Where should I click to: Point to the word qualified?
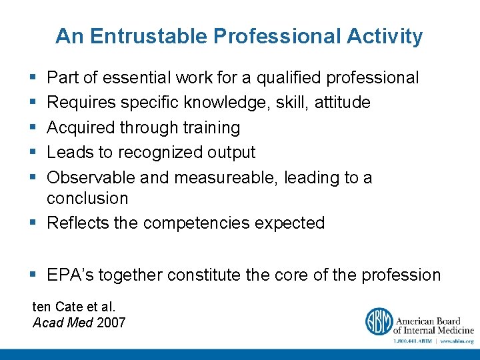point(289,78)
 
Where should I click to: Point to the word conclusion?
point(87,198)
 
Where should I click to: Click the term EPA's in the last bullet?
point(69,275)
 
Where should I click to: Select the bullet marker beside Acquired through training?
point(34,127)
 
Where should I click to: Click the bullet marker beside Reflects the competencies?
point(34,223)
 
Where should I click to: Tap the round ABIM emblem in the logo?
point(378,321)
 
